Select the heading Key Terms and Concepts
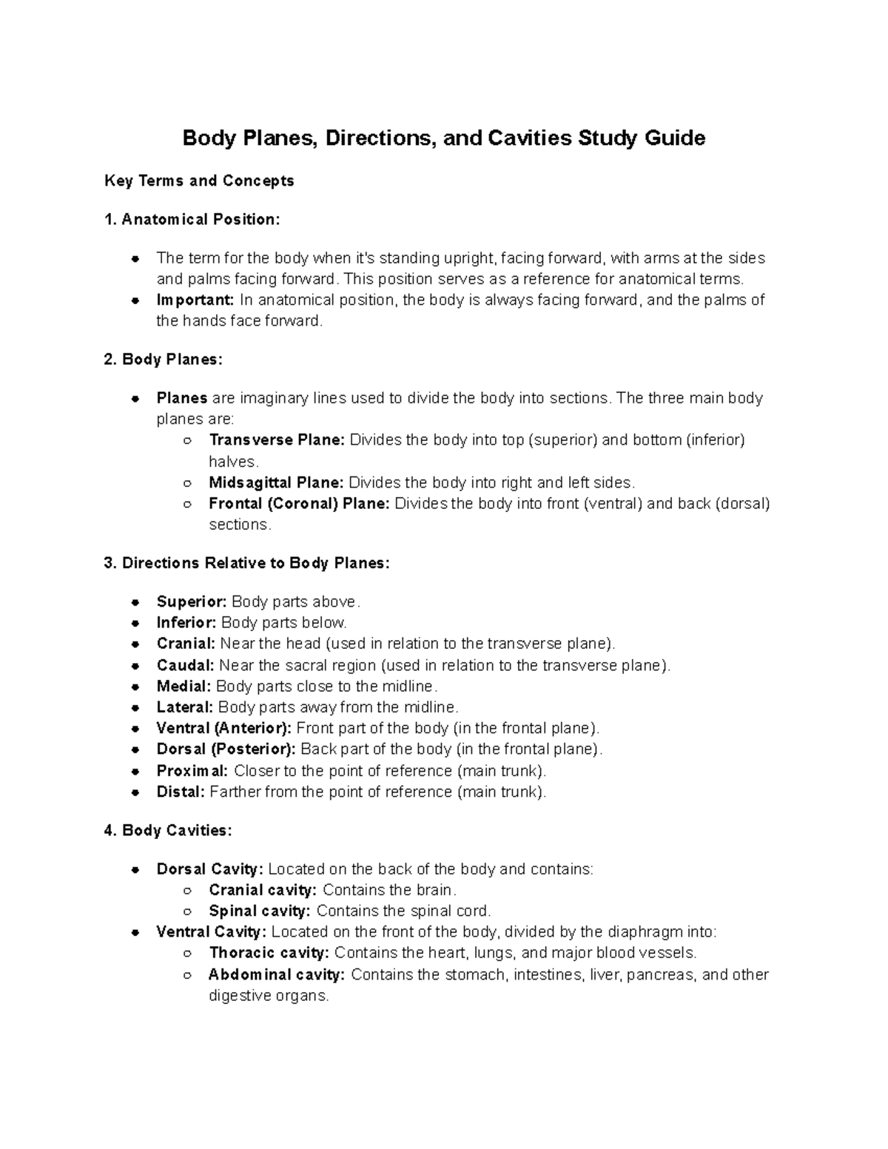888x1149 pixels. click(199, 181)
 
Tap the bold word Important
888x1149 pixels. click(195, 300)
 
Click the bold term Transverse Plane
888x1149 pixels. click(277, 440)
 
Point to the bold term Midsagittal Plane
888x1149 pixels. click(276, 483)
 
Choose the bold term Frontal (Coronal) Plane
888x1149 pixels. click(299, 504)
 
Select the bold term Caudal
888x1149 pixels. click(185, 665)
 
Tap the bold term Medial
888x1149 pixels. click(184, 687)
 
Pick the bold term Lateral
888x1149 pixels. click(185, 707)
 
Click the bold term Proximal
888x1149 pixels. click(192, 771)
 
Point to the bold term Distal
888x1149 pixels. click(181, 792)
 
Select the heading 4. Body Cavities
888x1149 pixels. click(168, 831)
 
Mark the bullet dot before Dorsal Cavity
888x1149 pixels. click(135, 870)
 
